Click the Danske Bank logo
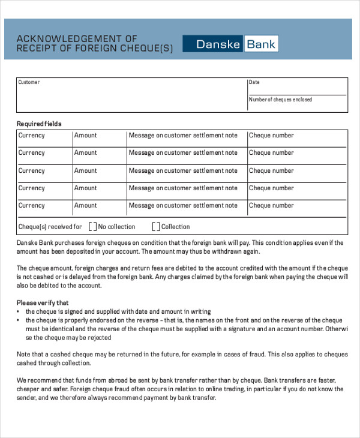[230, 44]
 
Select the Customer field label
[29, 82]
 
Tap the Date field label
[254, 82]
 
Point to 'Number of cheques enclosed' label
[280, 100]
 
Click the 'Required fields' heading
[39, 124]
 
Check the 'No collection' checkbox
[92, 227]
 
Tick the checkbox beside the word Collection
[156, 227]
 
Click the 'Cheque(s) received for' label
[50, 227]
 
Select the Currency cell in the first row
[32, 136]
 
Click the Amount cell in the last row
[85, 206]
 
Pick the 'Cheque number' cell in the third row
[271, 171]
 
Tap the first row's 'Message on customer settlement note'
[183, 136]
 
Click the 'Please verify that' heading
[43, 303]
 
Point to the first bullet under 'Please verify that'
[19, 312]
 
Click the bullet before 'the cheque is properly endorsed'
[19, 320]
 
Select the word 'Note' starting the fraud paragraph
[23, 355]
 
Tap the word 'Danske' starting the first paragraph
[28, 243]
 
